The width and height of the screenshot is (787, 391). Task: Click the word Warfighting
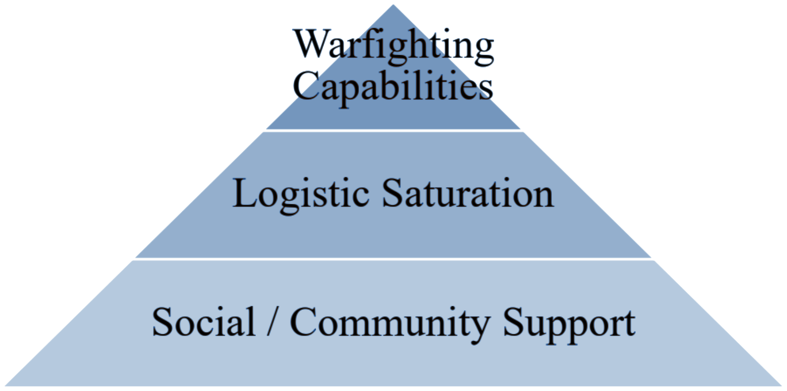point(393,45)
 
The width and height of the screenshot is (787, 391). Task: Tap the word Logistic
point(301,194)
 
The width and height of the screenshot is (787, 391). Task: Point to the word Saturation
point(467,193)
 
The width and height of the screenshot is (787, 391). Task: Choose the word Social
point(204,322)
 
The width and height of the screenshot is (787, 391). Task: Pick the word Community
point(390,323)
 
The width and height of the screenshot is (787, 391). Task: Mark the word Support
point(569,323)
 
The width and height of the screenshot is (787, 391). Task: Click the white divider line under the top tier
point(393,130)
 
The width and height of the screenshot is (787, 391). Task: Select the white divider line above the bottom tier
point(393,259)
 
